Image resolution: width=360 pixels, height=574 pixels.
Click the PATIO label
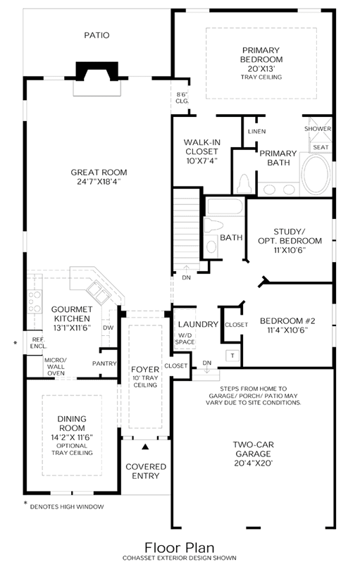coord(97,35)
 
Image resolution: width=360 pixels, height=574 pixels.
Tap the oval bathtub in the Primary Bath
coord(316,174)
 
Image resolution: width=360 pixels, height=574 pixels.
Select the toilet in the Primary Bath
coord(244,183)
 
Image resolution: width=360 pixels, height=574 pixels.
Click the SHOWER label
coord(318,129)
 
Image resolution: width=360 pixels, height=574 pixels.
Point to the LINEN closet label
coord(256,132)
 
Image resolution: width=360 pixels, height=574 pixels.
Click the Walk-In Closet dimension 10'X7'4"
coord(201,161)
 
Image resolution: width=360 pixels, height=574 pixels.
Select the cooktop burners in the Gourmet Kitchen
coord(35,301)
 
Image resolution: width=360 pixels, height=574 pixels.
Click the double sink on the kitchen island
coord(97,292)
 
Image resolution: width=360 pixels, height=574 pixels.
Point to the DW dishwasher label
coord(108,327)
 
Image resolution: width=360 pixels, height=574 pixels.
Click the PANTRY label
coord(104,363)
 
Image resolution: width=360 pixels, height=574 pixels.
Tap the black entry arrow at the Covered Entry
coord(146,447)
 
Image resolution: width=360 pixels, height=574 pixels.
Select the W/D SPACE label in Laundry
coord(185,339)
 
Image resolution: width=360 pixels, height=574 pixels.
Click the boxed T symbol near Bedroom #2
coord(232,356)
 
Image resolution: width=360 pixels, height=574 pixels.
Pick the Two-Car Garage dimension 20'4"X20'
coord(254,463)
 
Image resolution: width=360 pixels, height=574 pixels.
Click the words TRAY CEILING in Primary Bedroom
coord(261,77)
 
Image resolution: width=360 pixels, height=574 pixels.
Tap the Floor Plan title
coord(180,548)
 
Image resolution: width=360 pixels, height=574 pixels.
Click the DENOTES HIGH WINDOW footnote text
coord(67,507)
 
